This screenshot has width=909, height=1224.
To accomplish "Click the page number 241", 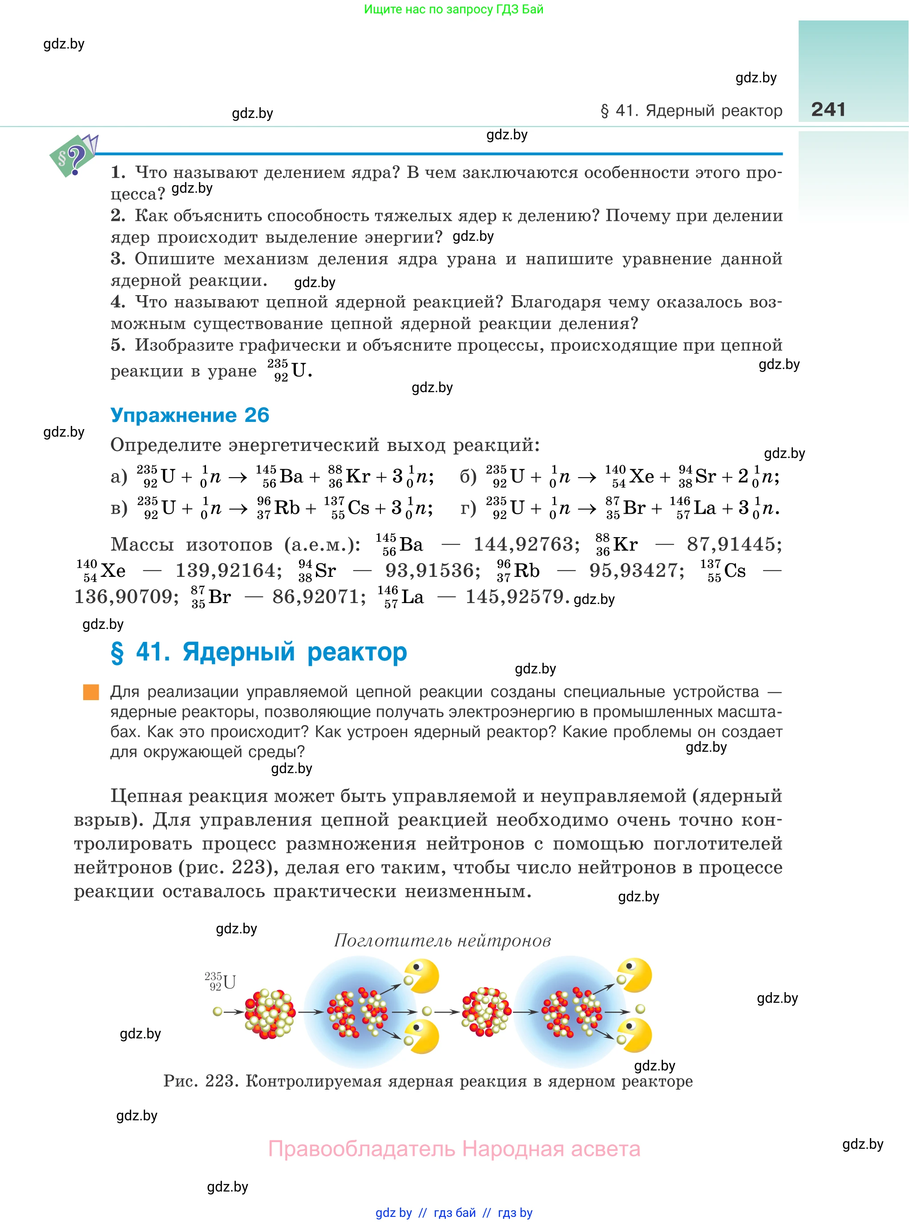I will tap(828, 109).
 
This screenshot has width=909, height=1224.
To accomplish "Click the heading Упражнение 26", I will tap(190, 415).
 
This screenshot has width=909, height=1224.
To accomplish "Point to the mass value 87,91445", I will tap(734, 544).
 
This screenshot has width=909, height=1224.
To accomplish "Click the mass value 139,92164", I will tap(228, 571).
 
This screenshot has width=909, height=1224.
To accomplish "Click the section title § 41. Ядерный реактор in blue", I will tap(259, 652).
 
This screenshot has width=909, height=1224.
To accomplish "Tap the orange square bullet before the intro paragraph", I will tap(91, 692).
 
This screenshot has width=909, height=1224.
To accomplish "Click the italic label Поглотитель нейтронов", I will tap(442, 940).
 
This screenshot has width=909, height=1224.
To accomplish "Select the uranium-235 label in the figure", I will tap(221, 981).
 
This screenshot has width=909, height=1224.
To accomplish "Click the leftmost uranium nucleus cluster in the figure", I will tap(270, 1013).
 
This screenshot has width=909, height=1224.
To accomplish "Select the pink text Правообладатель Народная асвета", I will tap(454, 1149).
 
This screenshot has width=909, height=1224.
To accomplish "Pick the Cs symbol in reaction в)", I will tap(358, 508).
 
